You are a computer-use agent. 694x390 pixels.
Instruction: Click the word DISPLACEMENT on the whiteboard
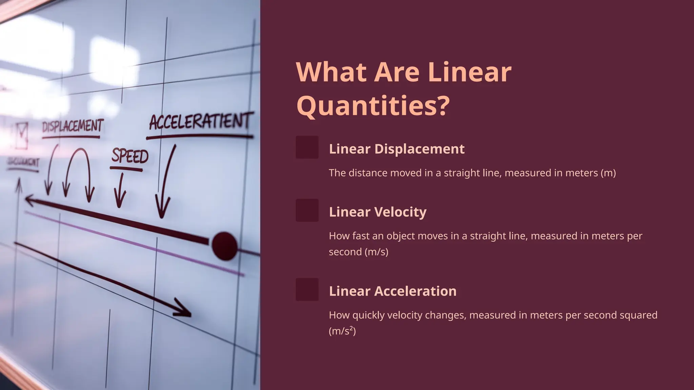[73, 126]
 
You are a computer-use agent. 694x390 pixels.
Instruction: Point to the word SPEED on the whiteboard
[130, 156]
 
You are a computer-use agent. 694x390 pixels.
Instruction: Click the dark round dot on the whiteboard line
[224, 246]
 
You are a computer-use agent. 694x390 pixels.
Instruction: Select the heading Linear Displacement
[396, 149]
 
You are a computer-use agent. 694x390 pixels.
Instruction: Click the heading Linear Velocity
[377, 212]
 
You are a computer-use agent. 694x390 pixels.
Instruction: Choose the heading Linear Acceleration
[392, 291]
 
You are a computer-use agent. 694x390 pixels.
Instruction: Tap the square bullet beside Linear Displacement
[307, 147]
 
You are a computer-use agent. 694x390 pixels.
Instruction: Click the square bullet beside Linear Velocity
[307, 210]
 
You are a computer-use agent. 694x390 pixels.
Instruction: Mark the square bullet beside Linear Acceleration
[307, 289]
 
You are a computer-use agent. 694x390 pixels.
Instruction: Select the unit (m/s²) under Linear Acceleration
[342, 331]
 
